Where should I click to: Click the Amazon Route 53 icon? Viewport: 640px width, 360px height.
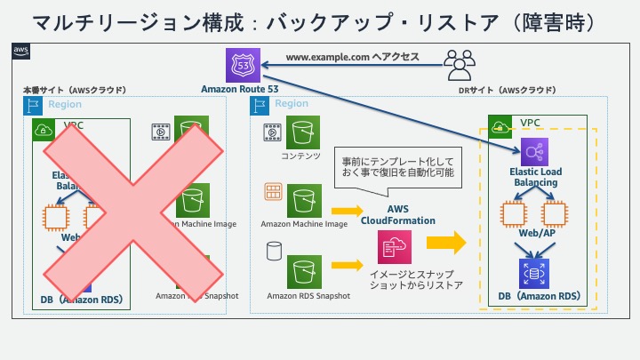pos(244,64)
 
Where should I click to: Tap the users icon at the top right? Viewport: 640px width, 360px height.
pos(460,63)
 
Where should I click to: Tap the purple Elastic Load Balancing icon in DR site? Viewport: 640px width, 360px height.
pos(535,150)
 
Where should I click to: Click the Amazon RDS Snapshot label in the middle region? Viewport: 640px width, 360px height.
pos(308,295)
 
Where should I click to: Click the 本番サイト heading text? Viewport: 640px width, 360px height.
pos(74,90)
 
